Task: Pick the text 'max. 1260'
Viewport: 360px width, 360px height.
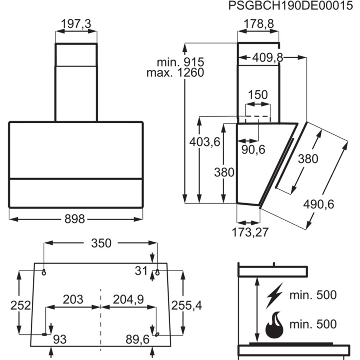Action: [175, 73]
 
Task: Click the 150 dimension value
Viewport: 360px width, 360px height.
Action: [258, 95]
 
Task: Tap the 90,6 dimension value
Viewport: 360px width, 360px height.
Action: [253, 150]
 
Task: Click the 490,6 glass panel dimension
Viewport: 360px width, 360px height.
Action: [319, 204]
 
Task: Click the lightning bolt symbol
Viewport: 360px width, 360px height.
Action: [275, 296]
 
